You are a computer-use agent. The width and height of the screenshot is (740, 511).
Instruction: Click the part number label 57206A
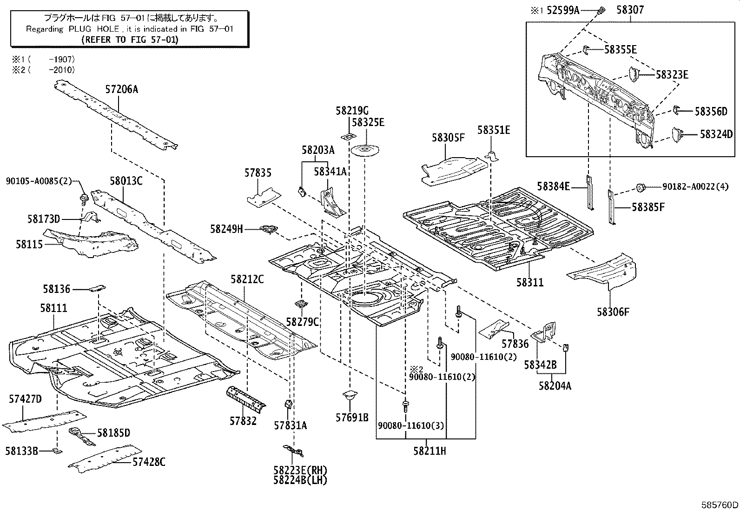121,89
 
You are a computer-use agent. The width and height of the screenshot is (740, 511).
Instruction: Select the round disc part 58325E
365,151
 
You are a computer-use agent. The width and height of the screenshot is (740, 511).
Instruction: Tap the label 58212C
247,279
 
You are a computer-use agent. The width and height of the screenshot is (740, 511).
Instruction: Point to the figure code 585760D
720,505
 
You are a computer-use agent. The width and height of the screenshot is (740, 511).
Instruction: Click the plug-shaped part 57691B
349,397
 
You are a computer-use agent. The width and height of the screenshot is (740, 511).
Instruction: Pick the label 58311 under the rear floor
529,282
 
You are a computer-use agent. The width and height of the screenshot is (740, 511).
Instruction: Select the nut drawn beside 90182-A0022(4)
641,187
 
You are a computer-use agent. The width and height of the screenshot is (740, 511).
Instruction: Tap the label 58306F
613,312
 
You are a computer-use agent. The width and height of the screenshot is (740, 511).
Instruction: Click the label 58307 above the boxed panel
630,9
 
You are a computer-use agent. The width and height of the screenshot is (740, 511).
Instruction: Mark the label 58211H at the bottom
429,451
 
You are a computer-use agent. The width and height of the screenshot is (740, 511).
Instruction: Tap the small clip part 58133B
57,451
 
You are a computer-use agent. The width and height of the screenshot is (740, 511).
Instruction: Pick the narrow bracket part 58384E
589,193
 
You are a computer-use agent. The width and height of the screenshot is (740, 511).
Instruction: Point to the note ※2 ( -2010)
44,70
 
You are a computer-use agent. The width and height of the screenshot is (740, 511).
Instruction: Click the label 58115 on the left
29,244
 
